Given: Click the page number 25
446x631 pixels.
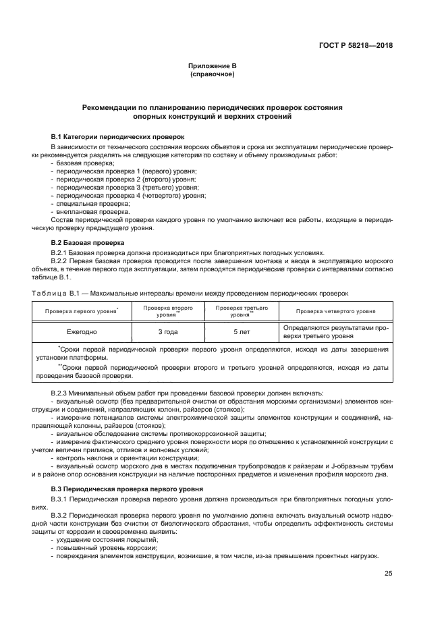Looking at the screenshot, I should [x=388, y=574].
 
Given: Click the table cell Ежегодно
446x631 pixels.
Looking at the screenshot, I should [x=82, y=332].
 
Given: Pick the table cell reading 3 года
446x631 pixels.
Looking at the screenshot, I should [x=168, y=332].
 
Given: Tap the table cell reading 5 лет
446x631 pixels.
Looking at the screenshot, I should [x=240, y=332].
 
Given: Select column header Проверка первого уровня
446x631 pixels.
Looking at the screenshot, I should [x=82, y=311].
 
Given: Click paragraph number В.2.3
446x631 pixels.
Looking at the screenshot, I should [x=61, y=393].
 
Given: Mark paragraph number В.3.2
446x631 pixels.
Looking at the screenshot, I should [x=61, y=514].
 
